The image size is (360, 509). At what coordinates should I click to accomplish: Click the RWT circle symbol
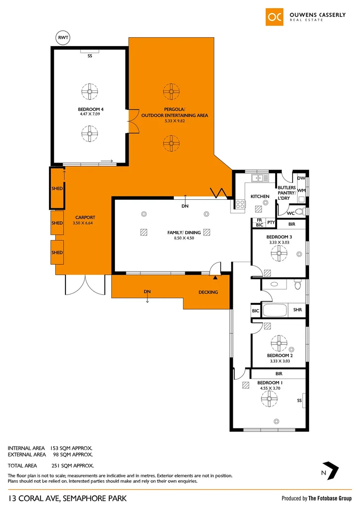[62, 38]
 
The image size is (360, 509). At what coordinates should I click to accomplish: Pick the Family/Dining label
[184, 232]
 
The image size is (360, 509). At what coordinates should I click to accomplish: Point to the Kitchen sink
[260, 178]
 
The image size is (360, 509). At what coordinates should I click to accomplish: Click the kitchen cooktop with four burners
[240, 204]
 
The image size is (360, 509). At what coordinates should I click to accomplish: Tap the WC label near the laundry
[291, 212]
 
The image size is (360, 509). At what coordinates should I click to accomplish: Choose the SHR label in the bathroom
[297, 310]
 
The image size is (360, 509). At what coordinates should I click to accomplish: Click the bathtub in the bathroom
[275, 310]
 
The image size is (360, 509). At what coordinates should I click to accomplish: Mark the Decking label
[208, 292]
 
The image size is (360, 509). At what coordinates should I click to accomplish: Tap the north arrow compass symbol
[333, 470]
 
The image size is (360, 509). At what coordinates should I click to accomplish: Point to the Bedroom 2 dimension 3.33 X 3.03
[280, 361]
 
